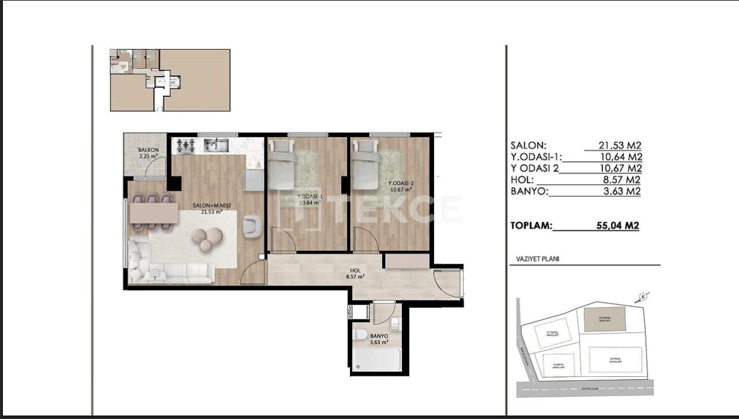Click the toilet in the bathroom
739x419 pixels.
(x=360, y=334)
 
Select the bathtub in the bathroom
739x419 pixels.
(x=376, y=360)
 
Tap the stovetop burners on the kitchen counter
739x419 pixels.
(x=185, y=145)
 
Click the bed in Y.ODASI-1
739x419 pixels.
(x=281, y=165)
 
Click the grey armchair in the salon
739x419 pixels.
(x=252, y=226)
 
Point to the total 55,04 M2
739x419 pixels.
(x=617, y=226)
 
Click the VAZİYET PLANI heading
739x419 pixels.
(x=534, y=259)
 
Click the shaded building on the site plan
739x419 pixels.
(x=604, y=319)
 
